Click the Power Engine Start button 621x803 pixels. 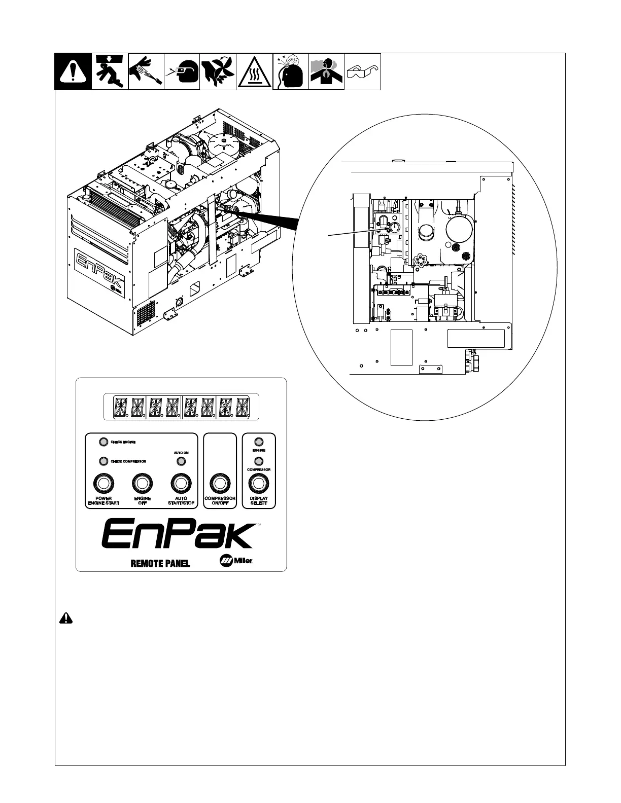click(103, 484)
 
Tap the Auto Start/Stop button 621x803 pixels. click(181, 484)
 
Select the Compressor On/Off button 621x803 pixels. click(220, 484)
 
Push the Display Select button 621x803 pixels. click(259, 484)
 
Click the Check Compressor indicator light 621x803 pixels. click(103, 461)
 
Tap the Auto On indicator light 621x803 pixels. click(181, 461)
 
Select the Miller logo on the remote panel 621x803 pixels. click(236, 561)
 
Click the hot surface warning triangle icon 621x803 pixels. click(254, 72)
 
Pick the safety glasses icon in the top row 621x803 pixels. click(362, 72)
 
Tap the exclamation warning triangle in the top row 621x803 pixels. click(73, 72)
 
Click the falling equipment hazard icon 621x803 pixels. click(110, 72)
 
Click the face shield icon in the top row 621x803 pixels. click(182, 72)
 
